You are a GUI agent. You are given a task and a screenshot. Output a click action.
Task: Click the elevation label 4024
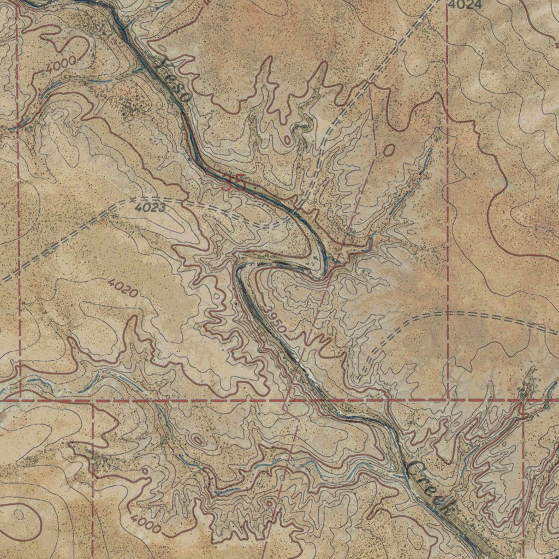coord(466,5)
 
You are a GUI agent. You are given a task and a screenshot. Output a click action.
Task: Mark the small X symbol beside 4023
coord(133,200)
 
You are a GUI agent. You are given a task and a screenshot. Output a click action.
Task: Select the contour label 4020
coord(122,287)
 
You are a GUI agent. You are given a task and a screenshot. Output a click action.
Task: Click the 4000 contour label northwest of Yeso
coord(61,64)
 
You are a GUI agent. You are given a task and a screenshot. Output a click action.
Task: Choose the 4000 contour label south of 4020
coord(146,525)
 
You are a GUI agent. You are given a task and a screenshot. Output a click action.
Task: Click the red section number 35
coord(234,183)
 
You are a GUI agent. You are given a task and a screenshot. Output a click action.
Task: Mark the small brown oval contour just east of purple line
coord(389,150)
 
